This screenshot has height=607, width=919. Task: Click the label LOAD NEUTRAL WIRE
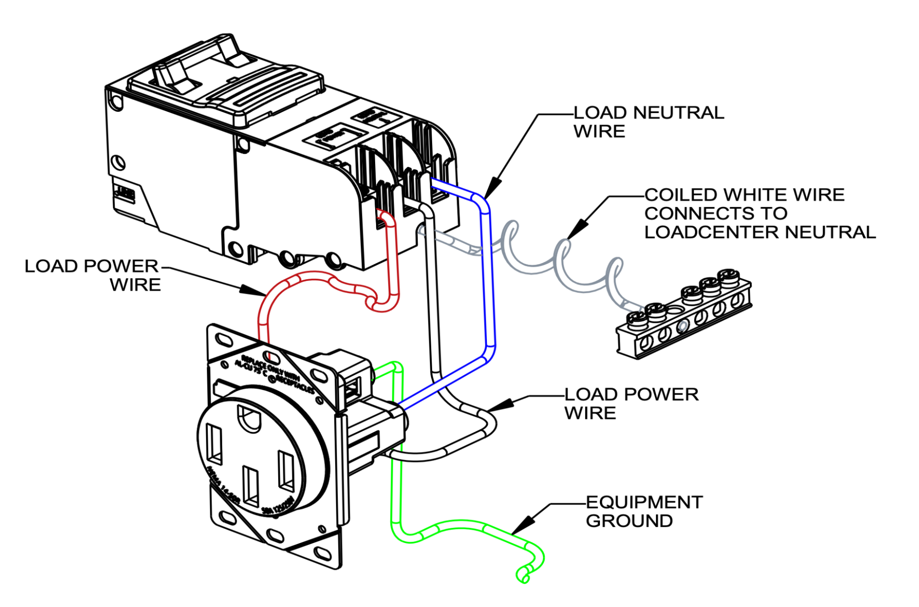point(648,122)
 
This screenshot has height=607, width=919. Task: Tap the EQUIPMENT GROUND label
point(644,511)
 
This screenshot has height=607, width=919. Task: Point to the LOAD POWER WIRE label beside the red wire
point(92,275)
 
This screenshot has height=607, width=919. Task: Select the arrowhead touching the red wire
point(251,290)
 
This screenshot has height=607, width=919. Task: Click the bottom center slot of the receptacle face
point(251,487)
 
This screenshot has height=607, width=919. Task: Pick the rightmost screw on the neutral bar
point(728,277)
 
